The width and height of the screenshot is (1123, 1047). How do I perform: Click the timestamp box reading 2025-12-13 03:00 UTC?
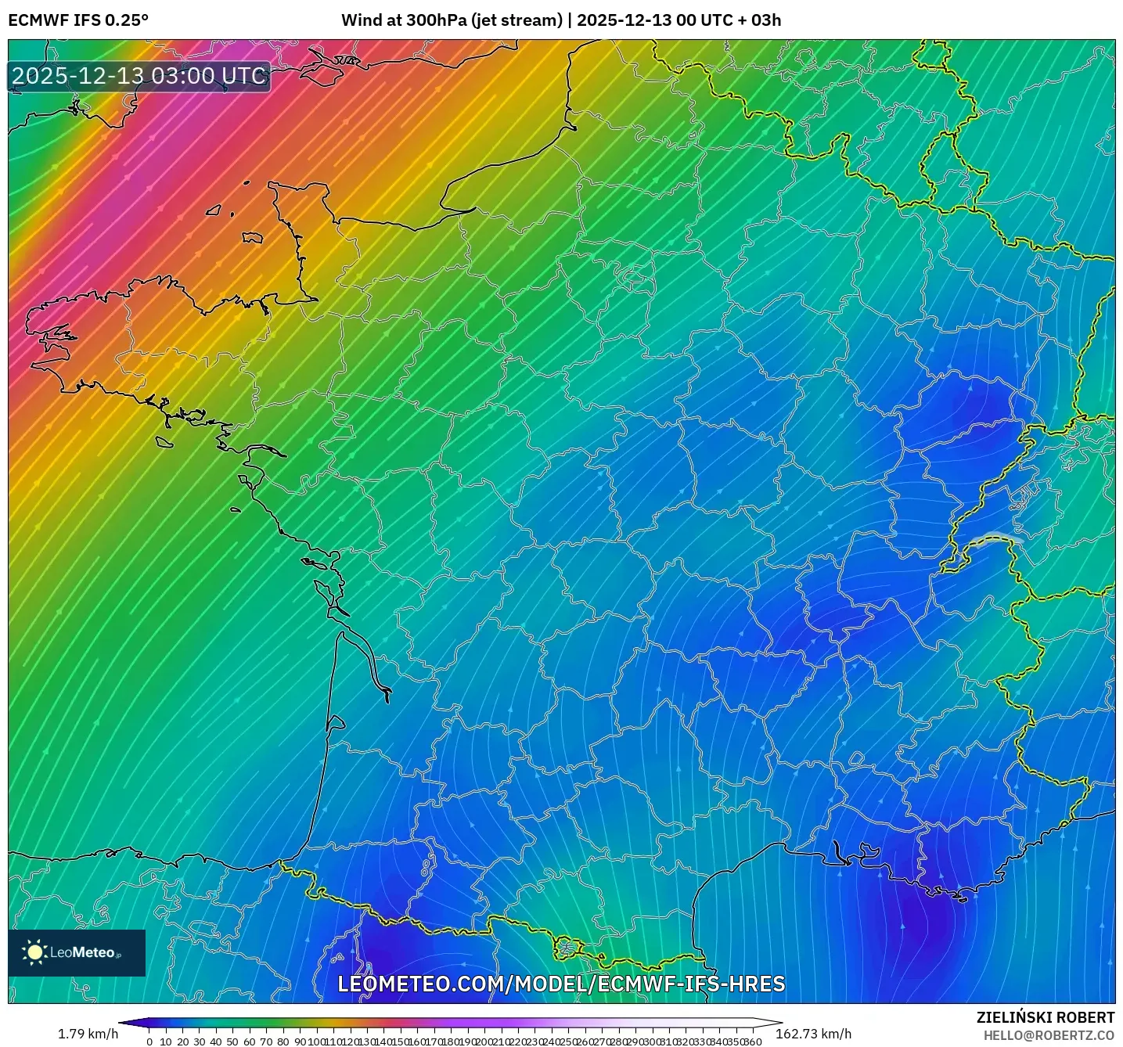point(139,76)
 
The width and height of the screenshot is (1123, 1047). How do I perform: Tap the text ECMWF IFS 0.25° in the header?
point(78,20)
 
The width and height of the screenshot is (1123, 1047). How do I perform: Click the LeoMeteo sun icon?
point(34,952)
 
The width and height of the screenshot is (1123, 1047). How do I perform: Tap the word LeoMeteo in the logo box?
point(83,952)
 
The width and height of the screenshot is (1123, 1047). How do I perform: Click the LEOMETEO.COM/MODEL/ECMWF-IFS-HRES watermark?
point(561,984)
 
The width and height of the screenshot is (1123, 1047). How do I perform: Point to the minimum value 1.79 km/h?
point(88,1034)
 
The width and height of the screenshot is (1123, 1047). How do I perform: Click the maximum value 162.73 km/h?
point(813,1034)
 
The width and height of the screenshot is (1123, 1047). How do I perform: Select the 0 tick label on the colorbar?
point(149,1042)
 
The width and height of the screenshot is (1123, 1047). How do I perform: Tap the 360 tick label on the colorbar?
point(753,1042)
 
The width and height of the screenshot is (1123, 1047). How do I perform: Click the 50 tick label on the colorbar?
point(232,1042)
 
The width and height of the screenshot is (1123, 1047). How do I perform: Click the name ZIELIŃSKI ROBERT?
point(1046,1017)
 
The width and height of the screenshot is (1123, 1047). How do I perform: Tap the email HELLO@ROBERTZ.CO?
point(1049,1035)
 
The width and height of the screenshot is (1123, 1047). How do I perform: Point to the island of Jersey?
point(252,236)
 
